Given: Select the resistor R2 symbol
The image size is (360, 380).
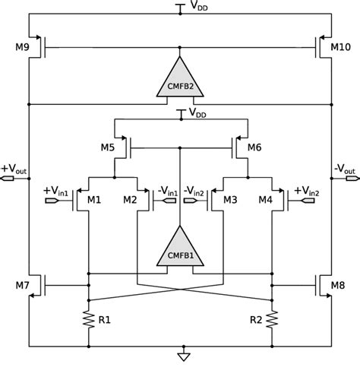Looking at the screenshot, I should click(x=270, y=319).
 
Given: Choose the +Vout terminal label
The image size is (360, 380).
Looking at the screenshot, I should click(x=13, y=169).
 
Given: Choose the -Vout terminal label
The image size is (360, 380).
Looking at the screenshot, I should click(x=346, y=169).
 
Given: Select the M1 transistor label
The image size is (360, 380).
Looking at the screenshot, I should click(x=93, y=201).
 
